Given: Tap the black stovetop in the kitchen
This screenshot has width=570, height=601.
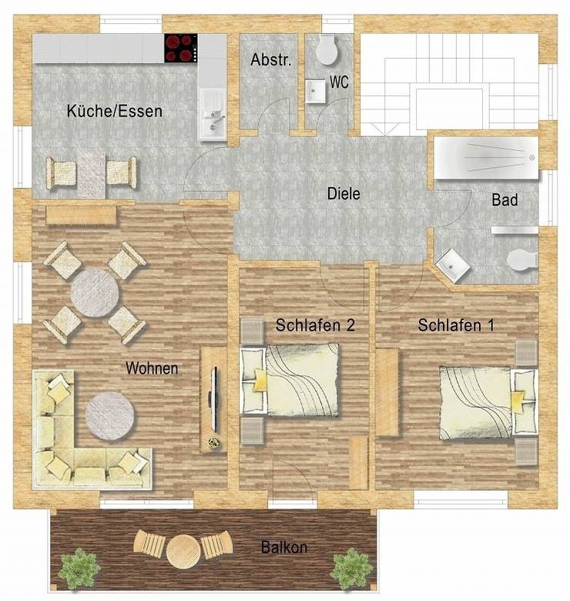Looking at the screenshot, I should pos(181,49).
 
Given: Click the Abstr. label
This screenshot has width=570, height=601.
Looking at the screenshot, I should pos(271,60).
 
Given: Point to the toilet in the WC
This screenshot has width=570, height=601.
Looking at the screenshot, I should pos(327,50).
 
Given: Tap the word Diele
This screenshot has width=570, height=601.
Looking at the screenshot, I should pos(344,194).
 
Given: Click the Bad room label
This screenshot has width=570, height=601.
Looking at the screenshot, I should pos(505,200).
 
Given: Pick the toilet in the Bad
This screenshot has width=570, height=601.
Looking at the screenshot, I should pos(521,260).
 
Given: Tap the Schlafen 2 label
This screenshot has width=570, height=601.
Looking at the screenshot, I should pos(314,326).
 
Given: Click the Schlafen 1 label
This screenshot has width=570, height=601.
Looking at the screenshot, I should pos(456,326).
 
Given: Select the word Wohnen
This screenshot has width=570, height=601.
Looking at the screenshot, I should pos(152,369).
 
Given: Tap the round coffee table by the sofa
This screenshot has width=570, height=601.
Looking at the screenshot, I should pos(110,416).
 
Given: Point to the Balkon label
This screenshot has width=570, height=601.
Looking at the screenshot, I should pos(283,548).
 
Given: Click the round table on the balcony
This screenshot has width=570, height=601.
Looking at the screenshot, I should pos(183,550).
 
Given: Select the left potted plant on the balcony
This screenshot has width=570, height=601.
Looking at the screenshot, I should pos(79,569).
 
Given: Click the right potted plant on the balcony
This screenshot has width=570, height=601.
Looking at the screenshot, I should pos(351,569).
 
